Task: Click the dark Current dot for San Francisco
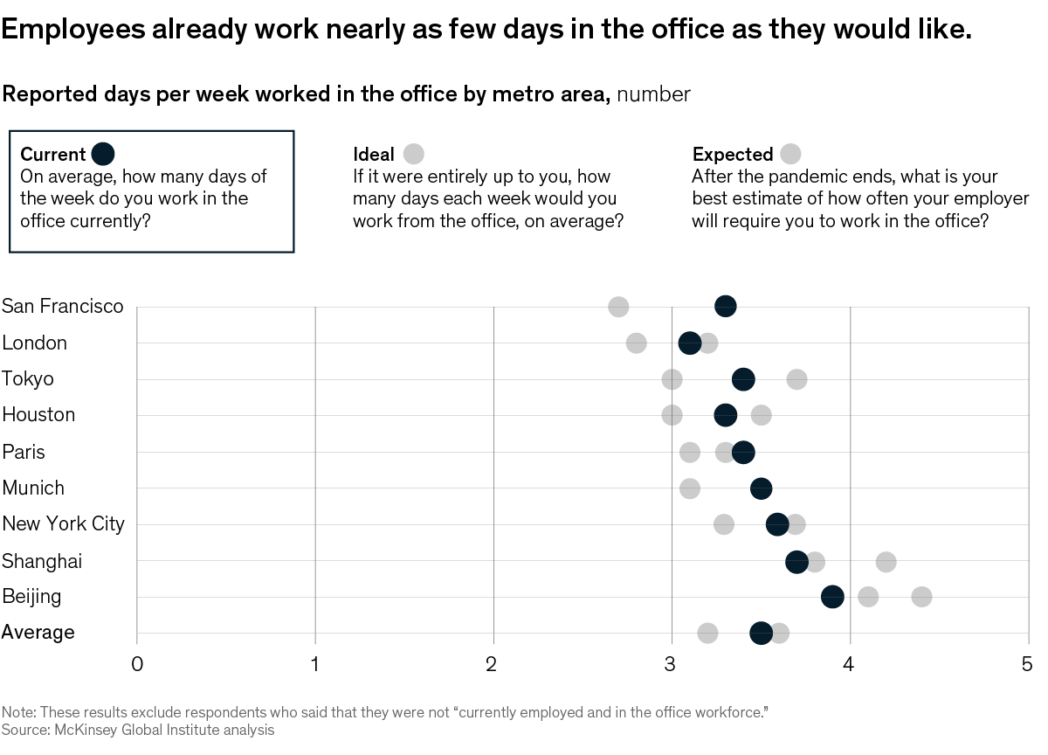click(725, 306)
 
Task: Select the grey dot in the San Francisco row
click(618, 307)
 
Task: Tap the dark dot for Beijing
click(832, 596)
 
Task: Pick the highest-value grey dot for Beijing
click(921, 597)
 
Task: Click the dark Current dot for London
click(690, 343)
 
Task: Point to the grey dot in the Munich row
click(690, 488)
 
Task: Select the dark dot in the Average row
click(761, 633)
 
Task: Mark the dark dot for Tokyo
click(743, 378)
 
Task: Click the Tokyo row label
click(28, 379)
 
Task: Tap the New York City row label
click(63, 523)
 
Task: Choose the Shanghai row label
click(42, 561)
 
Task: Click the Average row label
click(38, 632)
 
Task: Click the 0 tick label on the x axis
click(137, 664)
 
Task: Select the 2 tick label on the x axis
click(493, 664)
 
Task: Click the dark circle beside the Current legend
click(103, 154)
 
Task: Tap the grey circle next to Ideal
click(413, 154)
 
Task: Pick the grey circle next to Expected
click(790, 154)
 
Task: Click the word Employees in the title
click(73, 31)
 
